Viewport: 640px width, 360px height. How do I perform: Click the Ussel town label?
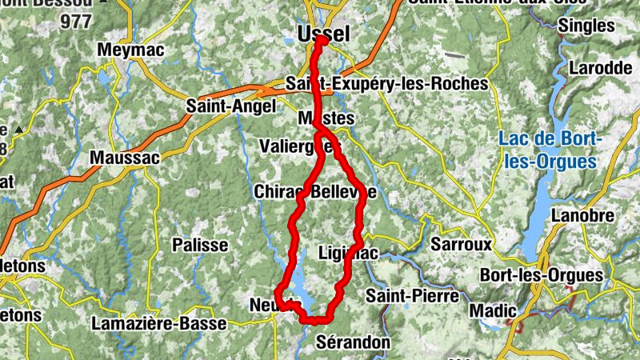(323, 34)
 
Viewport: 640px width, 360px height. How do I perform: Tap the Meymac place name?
(130, 50)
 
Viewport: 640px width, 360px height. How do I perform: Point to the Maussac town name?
(124, 158)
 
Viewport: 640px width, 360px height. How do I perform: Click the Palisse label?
(201, 245)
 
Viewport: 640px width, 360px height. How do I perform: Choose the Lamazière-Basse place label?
(159, 324)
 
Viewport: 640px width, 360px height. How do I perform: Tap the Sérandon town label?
(353, 342)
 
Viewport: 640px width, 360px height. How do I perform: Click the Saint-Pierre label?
(413, 296)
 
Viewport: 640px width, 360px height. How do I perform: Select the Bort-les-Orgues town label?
(541, 275)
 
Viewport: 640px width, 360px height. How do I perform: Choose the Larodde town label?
(600, 68)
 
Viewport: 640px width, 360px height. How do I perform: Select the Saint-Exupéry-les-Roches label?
(386, 83)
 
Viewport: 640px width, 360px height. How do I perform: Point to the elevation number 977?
(76, 22)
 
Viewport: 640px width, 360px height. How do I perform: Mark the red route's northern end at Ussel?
(319, 42)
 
